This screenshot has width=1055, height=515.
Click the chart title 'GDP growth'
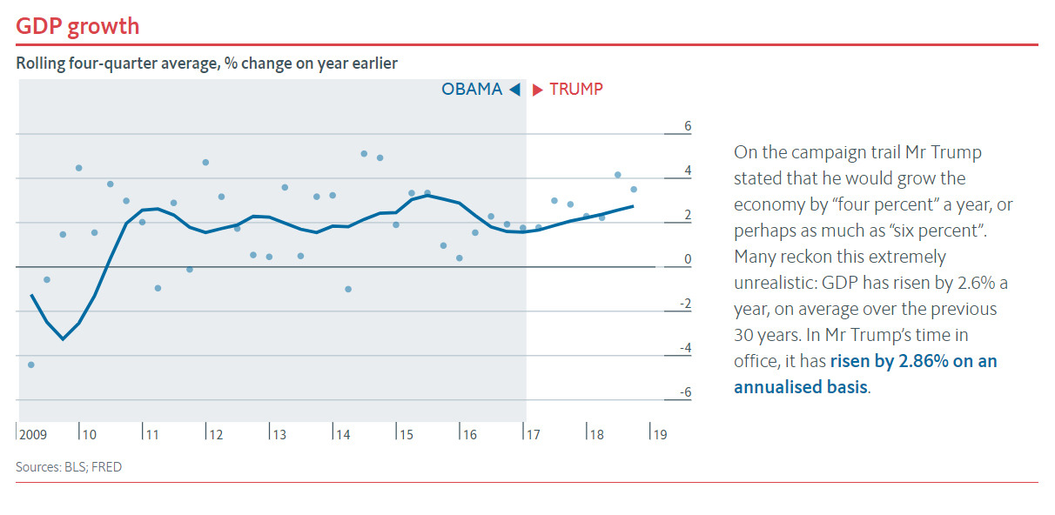(77, 26)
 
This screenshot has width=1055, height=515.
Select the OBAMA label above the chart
(472, 90)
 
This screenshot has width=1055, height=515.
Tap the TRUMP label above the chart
(575, 90)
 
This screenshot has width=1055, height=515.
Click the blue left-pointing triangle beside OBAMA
(514, 90)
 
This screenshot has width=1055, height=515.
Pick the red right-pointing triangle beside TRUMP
(538, 90)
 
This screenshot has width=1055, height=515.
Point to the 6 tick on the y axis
(687, 126)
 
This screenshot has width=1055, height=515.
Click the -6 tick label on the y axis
(685, 392)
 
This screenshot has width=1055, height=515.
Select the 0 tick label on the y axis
(687, 259)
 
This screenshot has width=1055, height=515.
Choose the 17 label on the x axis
(532, 434)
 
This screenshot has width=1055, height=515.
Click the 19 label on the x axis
(660, 434)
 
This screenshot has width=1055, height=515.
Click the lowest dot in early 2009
(31, 365)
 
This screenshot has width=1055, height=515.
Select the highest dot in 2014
(364, 154)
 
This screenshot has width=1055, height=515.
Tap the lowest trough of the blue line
(63, 338)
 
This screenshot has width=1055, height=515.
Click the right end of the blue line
(633, 206)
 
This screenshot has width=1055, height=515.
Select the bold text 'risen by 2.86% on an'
(913, 361)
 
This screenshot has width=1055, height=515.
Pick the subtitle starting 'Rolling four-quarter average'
(207, 64)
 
